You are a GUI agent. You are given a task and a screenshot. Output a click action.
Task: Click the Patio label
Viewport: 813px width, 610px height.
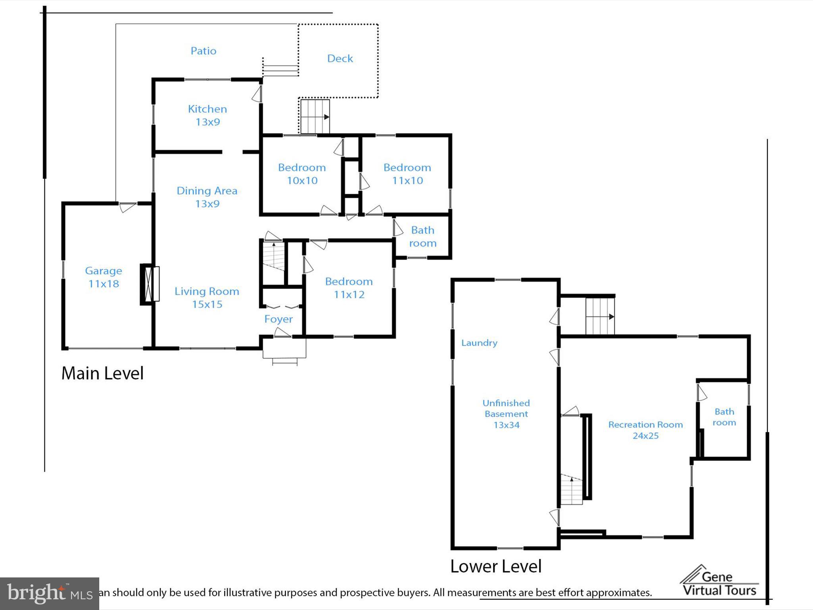[203, 51]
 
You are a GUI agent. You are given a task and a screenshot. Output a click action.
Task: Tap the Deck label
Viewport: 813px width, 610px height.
[340, 58]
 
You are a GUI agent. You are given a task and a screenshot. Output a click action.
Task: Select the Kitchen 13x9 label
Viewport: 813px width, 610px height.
[207, 115]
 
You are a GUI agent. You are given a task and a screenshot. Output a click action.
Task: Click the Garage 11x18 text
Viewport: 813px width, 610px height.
[103, 277]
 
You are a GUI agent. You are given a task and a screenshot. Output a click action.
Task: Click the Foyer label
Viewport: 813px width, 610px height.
[278, 319]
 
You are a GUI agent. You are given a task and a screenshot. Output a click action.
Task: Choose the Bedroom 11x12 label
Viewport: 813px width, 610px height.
[349, 288]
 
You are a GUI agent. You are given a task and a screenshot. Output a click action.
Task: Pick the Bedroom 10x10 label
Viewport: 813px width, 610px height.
[302, 174]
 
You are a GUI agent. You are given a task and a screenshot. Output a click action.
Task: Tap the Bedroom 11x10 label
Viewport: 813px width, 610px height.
[407, 174]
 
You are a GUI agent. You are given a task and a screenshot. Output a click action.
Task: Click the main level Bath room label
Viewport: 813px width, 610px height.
[422, 237]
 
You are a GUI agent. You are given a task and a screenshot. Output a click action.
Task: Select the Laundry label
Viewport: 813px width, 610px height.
[479, 343]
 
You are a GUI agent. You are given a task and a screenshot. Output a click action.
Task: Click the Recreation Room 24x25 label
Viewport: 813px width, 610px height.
[645, 430]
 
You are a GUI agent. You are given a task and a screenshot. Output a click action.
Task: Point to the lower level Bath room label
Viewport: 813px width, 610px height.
[724, 417]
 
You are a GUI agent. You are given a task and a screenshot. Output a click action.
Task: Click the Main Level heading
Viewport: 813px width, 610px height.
[102, 373]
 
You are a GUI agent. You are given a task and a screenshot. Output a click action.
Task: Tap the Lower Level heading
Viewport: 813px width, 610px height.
[495, 566]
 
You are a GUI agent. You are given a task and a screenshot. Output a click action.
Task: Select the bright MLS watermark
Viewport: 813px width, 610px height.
[49, 593]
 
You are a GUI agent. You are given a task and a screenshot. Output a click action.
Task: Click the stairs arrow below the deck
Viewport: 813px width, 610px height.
[326, 117]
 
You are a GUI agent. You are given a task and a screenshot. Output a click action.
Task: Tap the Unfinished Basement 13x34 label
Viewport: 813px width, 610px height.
[506, 414]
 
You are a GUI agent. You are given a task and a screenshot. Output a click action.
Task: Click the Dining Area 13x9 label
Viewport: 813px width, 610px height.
[207, 197]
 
